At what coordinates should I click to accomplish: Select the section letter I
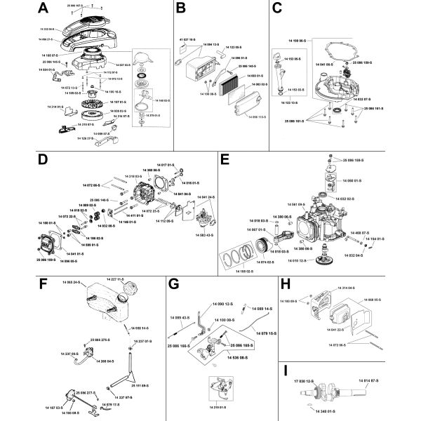pos(284,370)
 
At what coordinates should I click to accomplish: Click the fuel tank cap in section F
pos(129,290)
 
